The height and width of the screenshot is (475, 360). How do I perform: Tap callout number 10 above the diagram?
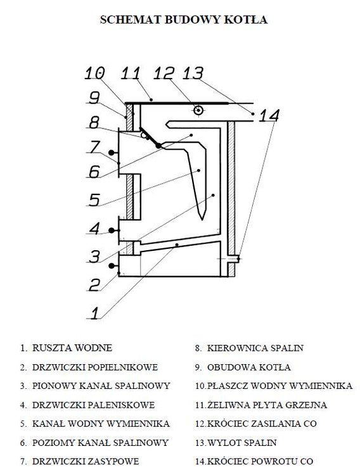click(94, 73)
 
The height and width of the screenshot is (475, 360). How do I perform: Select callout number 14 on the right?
click(269, 115)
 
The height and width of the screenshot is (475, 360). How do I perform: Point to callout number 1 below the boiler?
click(95, 313)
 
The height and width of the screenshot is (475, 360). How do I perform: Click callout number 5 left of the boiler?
click(94, 200)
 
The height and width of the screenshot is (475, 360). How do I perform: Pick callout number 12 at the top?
click(164, 73)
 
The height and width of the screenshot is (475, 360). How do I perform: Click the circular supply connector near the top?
click(198, 110)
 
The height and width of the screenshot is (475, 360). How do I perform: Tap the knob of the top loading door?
click(112, 153)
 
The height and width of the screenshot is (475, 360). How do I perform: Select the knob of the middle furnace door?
click(112, 231)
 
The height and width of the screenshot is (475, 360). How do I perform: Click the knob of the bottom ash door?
click(112, 266)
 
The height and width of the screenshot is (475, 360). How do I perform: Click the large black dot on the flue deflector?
click(158, 146)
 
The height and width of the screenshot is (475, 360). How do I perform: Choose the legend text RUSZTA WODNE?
click(72, 348)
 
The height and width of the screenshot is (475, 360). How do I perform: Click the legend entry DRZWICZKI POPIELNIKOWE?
click(95, 367)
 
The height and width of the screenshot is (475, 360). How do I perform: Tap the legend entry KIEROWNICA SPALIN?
click(255, 348)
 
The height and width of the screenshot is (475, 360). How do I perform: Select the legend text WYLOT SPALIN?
click(241, 443)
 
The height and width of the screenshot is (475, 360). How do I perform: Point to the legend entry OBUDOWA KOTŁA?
click(248, 367)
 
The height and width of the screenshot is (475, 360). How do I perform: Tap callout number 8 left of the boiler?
click(94, 123)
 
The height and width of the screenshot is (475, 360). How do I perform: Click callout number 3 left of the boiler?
click(94, 256)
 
